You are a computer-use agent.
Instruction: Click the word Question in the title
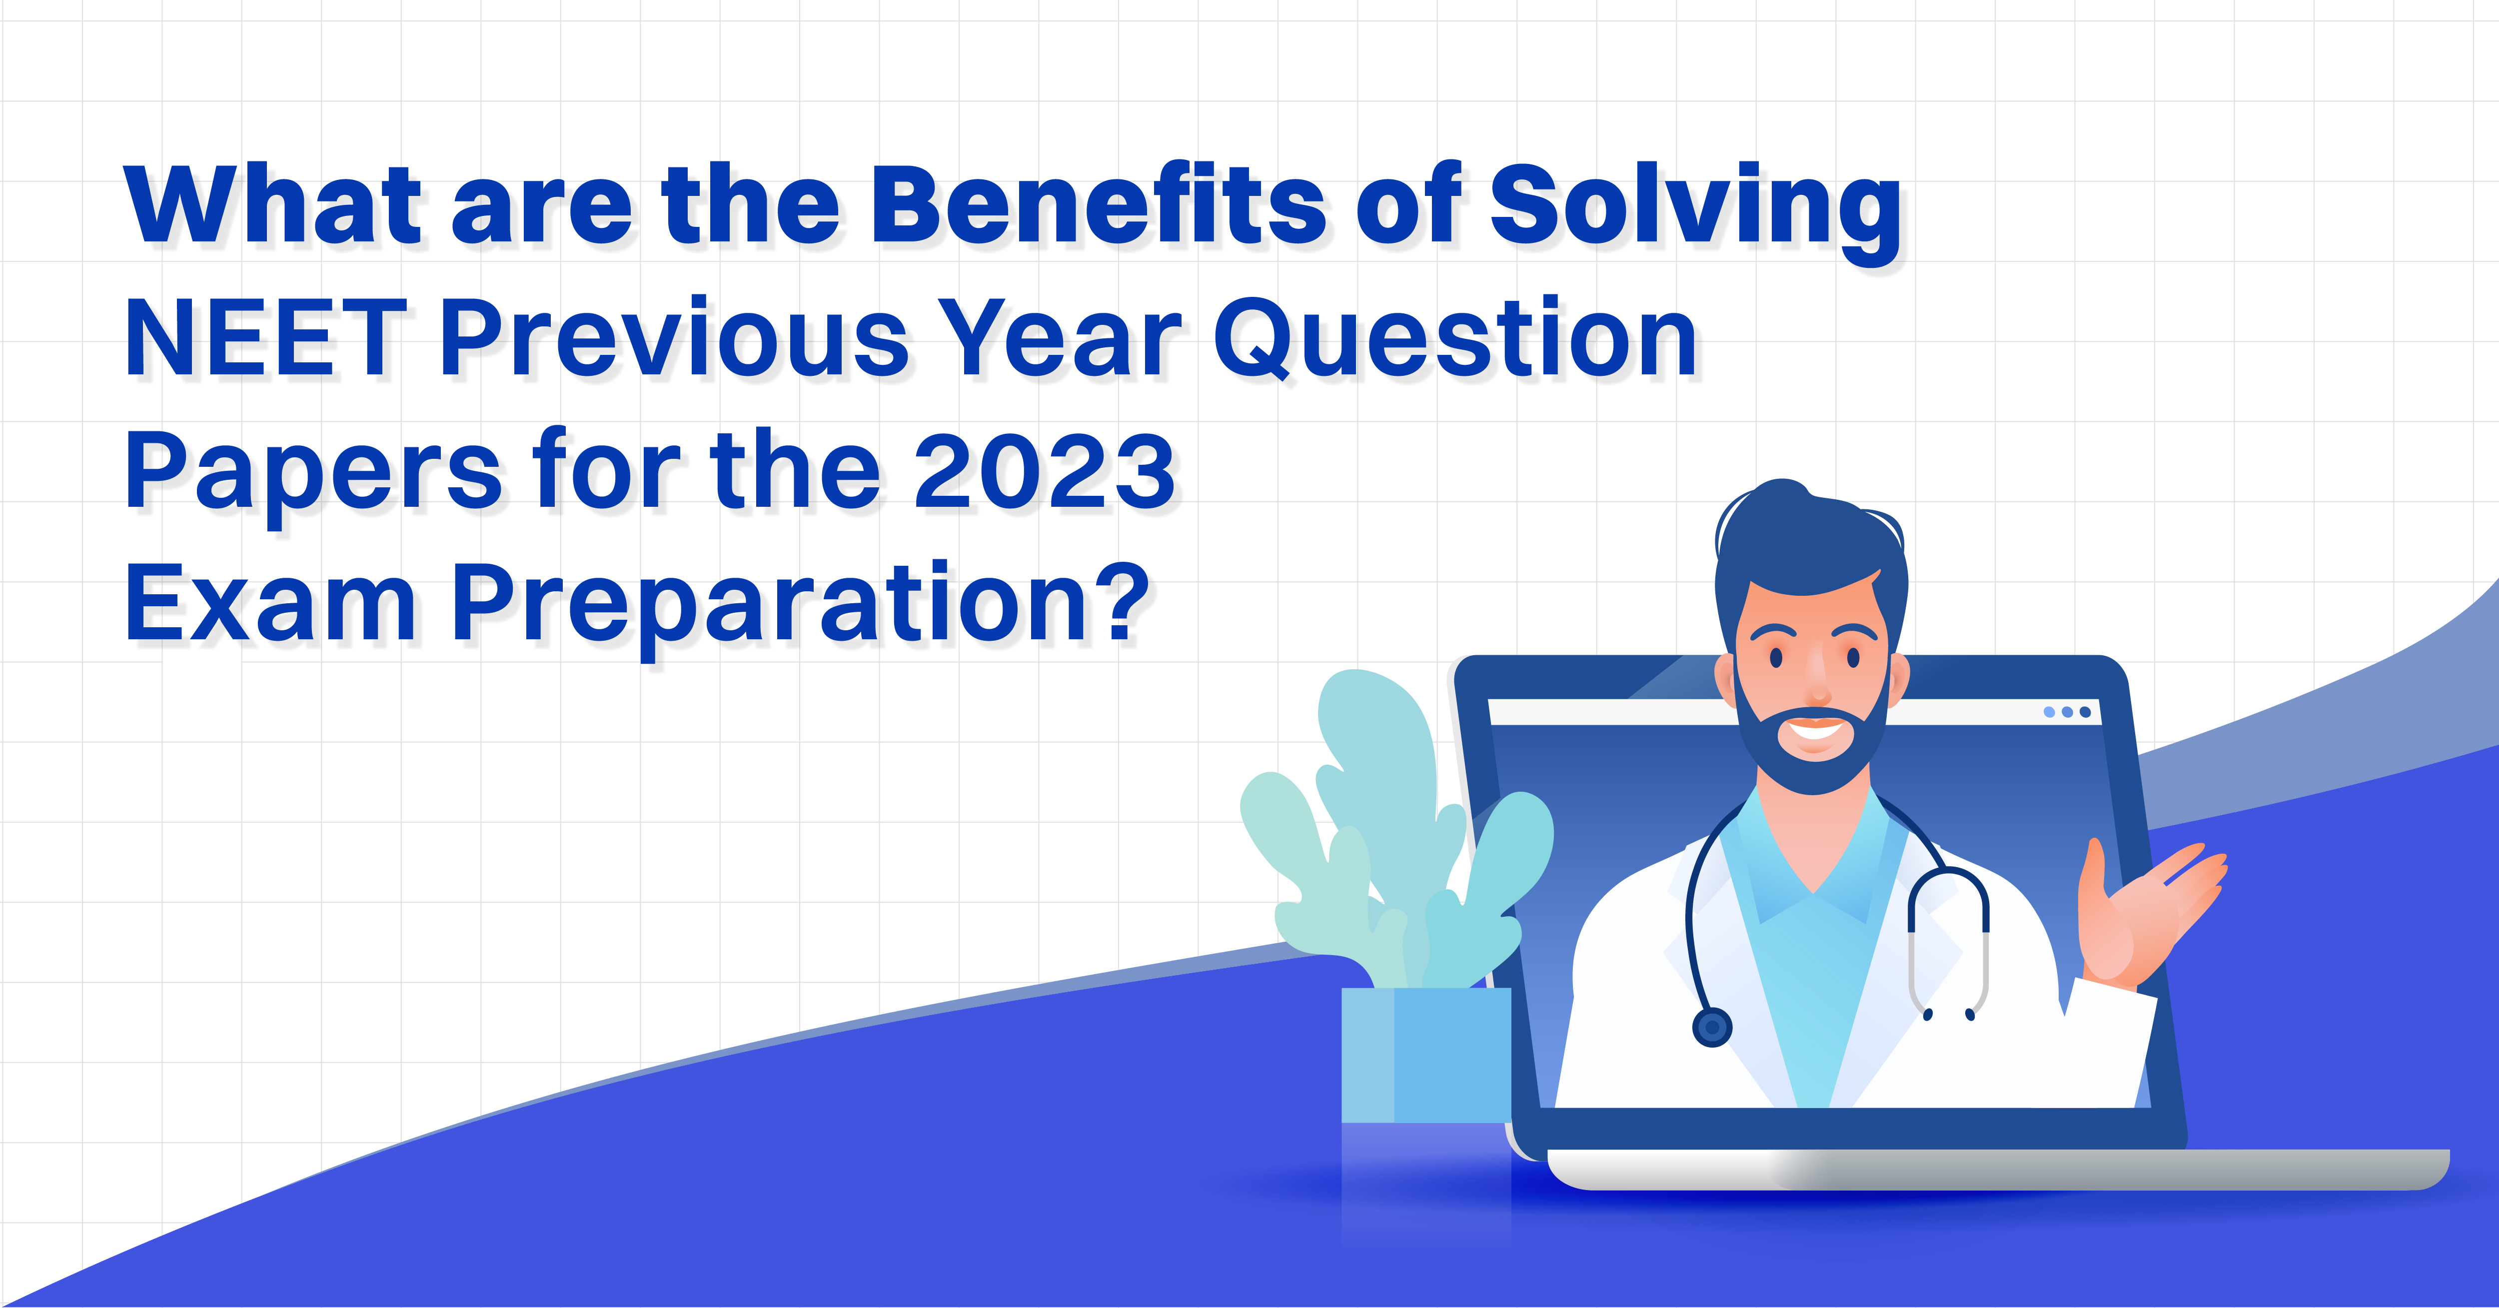click(x=1455, y=339)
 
